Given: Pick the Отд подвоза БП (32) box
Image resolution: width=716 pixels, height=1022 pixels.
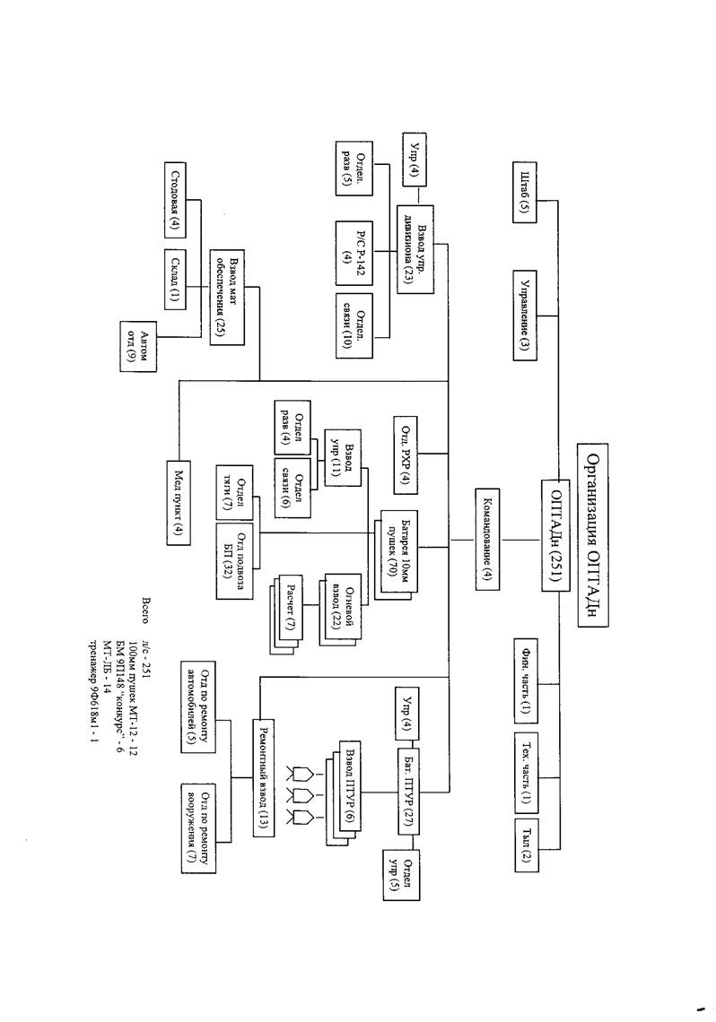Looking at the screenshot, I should point(234,557).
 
